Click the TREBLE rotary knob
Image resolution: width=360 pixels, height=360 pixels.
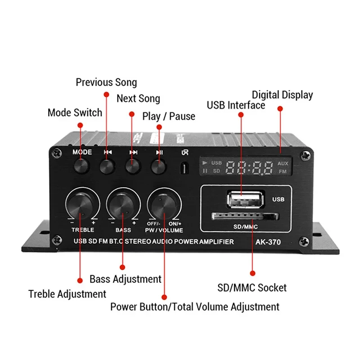tap(82, 204)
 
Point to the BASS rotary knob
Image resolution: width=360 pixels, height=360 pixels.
tap(122, 204)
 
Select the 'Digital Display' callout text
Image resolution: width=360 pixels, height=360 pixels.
tap(282, 95)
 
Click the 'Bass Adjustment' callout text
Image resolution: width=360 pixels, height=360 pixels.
tap(125, 279)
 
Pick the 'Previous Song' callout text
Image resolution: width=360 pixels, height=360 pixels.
tap(106, 82)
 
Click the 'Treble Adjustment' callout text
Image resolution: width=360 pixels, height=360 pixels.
tap(67, 294)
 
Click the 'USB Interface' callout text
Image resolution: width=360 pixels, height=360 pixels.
tap(236, 105)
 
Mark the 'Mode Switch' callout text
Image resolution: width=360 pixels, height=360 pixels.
tap(75, 112)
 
